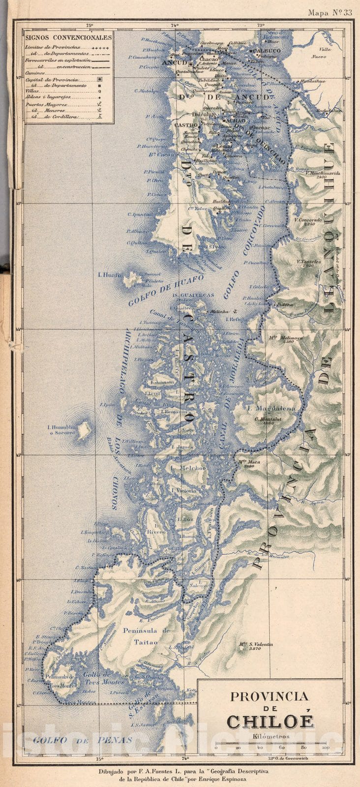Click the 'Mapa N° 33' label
(330, 13)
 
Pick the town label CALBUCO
(268, 50)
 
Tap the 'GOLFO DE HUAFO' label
(159, 290)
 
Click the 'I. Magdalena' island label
(265, 408)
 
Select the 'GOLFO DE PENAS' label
(83, 739)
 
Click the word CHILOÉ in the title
(270, 722)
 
